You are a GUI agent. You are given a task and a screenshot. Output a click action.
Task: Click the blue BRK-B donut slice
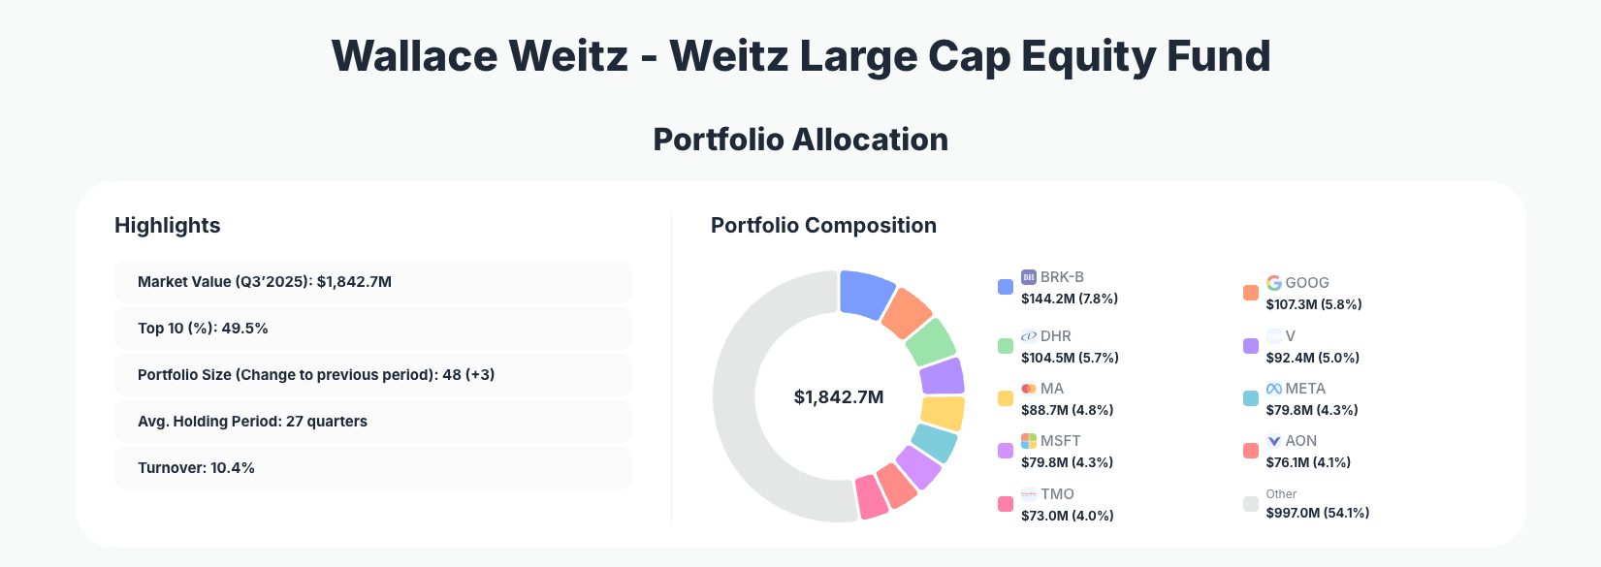[865, 294]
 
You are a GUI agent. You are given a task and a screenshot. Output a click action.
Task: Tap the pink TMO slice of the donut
[871, 497]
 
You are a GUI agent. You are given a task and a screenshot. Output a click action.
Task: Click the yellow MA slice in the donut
[943, 413]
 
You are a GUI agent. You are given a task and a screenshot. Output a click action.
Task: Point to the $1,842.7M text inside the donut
[839, 397]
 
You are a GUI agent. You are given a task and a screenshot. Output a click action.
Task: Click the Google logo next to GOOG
[1274, 283]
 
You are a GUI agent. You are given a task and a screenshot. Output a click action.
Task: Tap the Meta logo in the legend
[1274, 389]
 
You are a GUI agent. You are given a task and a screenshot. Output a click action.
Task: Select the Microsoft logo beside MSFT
[1029, 441]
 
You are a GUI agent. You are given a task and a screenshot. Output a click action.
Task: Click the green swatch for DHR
[1006, 346]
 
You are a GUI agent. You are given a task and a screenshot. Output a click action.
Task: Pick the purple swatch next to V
[1251, 346]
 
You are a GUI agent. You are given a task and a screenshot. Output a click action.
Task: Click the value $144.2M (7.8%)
[1070, 299]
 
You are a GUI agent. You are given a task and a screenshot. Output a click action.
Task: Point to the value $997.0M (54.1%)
[1318, 513]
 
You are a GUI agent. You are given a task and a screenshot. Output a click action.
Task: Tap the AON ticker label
[1301, 441]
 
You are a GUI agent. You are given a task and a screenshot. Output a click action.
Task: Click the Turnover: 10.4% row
[372, 468]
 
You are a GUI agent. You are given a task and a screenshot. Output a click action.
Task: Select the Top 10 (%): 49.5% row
[372, 329]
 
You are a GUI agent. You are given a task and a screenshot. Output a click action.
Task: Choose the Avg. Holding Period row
[372, 422]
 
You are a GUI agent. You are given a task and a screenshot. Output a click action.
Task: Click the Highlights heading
[168, 226]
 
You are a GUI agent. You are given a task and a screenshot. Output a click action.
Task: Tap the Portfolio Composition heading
[823, 226]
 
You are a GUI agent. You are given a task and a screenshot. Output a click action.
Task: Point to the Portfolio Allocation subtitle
[800, 140]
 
